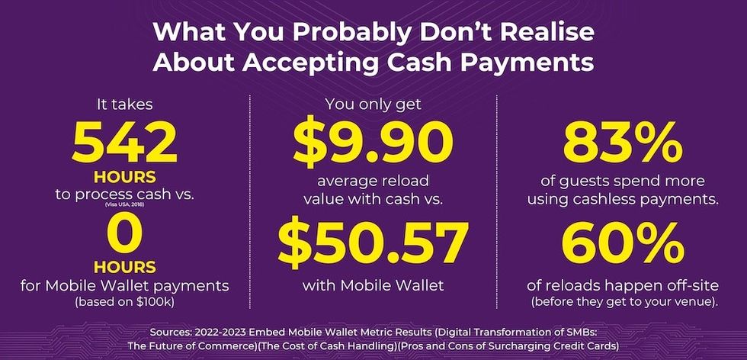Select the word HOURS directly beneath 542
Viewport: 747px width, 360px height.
(x=125, y=177)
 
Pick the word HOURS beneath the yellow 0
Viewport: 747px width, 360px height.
(x=125, y=268)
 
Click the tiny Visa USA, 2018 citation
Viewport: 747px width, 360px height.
(x=125, y=204)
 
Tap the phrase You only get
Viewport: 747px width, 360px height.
(x=372, y=103)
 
